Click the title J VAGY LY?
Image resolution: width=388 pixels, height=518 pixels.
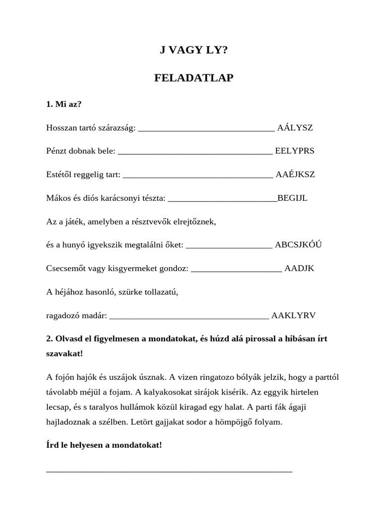193,50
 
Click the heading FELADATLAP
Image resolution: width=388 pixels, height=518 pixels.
193,78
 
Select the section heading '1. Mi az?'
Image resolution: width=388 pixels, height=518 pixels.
64,104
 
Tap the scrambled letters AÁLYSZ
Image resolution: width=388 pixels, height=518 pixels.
295,127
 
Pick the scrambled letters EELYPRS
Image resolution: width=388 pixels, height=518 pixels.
295,151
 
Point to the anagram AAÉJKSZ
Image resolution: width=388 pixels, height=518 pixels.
295,175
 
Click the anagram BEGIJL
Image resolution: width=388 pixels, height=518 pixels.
292,198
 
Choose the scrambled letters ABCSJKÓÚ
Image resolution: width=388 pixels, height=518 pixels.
298,245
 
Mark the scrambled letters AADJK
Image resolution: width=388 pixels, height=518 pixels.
299,268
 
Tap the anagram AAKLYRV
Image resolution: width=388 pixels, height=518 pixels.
293,315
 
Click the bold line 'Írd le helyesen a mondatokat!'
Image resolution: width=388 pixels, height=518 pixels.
104,445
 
